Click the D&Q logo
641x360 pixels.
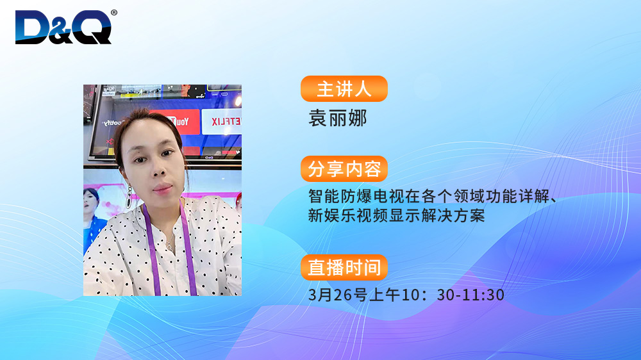click(63, 27)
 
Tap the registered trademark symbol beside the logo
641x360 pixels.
click(114, 13)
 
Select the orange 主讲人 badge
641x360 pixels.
click(344, 88)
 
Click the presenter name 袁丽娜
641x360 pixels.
click(338, 118)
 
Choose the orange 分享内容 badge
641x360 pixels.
click(344, 168)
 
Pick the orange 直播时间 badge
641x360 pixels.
click(344, 267)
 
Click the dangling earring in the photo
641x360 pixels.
click(129, 197)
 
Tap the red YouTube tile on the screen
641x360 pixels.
click(175, 122)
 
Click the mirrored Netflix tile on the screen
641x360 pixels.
click(222, 121)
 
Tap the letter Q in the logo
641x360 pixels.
click(93, 27)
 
